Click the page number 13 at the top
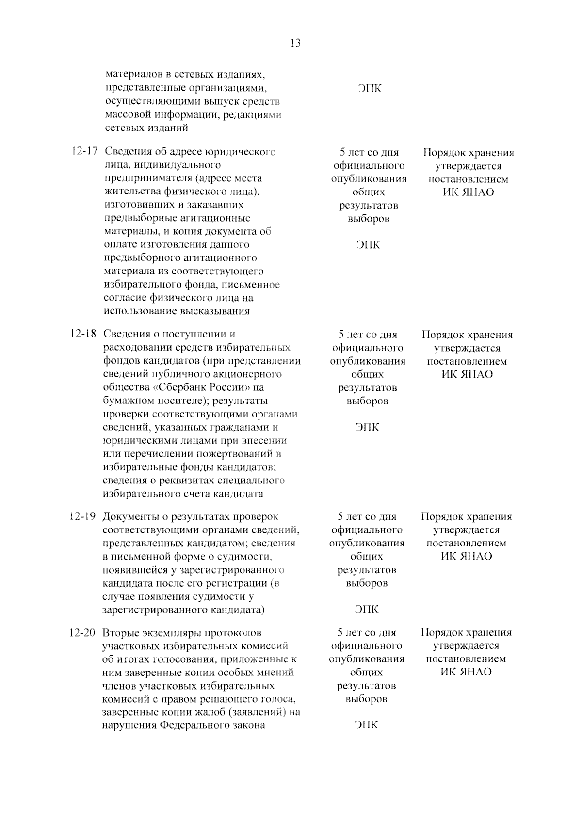click(295, 43)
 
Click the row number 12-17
click(84, 152)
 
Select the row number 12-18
click(83, 334)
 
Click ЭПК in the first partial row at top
click(370, 89)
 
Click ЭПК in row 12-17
click(369, 244)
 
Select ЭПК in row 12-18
click(367, 427)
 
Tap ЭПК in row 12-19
click(367, 609)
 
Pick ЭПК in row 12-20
click(366, 725)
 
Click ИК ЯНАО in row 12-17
click(468, 192)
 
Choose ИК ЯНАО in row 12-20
click(466, 672)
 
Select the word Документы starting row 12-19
click(129, 517)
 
